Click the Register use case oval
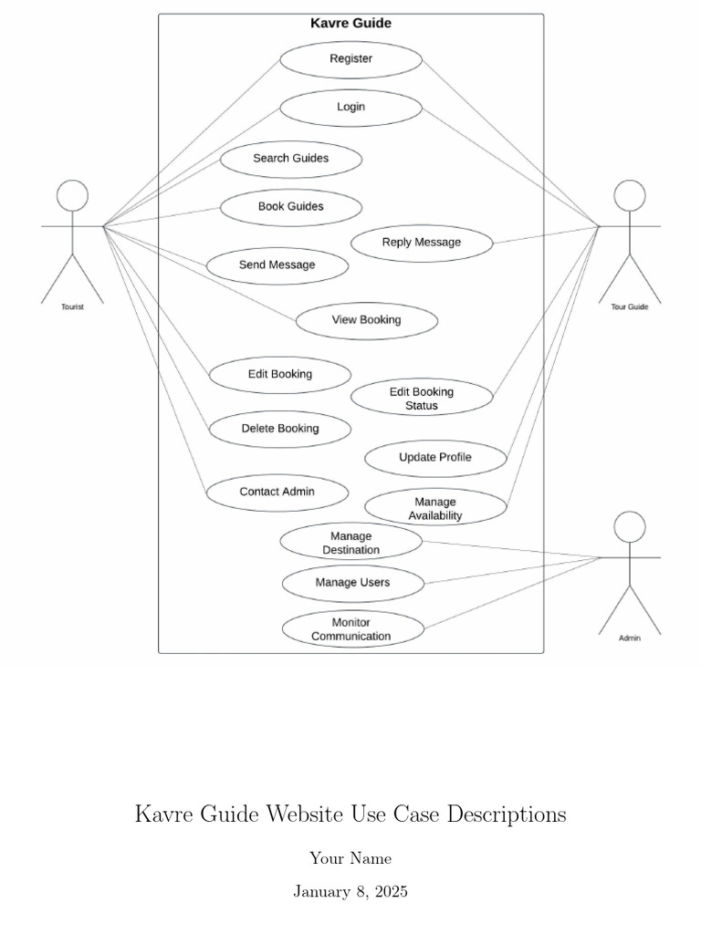point(350,59)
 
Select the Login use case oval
point(350,108)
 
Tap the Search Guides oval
point(290,159)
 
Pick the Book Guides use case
point(290,207)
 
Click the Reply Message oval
point(421,243)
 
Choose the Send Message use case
point(277,265)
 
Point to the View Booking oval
point(366,320)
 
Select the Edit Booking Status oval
point(421,399)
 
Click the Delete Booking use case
point(279,429)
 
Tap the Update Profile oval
point(434,458)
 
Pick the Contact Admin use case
point(277,492)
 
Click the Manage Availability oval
point(434,508)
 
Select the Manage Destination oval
point(350,543)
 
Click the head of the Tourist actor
point(72,195)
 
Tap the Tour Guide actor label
point(629,307)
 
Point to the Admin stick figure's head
point(629,526)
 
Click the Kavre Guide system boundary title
point(350,24)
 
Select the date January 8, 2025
point(350,892)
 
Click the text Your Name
point(350,858)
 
